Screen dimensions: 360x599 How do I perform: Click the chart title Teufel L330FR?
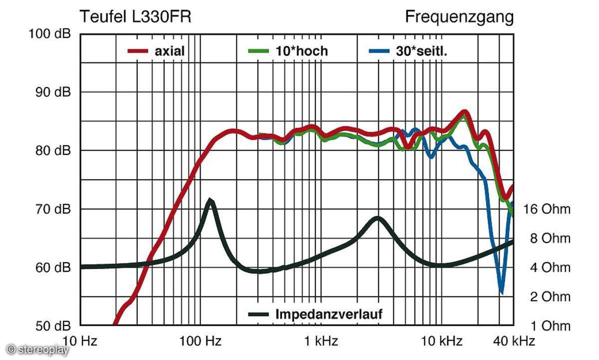pos(135,17)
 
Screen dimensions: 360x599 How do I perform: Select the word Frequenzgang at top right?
pos(459,17)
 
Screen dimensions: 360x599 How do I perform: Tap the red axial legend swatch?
pos(138,51)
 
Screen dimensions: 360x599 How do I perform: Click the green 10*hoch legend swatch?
pos(259,51)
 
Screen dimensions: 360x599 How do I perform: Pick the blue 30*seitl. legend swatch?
pos(379,51)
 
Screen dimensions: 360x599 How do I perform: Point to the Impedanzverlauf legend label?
pos(328,314)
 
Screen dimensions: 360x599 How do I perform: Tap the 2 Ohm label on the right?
pos(549,296)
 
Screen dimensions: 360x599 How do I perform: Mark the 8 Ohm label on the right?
pos(549,238)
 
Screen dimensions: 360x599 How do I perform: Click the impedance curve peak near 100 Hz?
pos(211,200)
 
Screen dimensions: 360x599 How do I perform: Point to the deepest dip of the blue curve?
pos(501,293)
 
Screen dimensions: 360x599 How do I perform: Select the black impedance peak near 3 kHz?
pos(378,217)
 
